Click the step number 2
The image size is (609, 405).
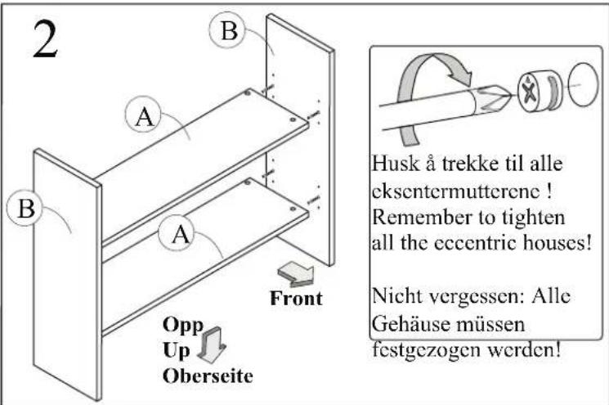[x=46, y=39]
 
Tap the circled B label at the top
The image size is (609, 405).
[x=228, y=30]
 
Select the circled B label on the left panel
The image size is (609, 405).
[x=25, y=208]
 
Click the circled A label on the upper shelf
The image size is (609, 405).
[x=144, y=115]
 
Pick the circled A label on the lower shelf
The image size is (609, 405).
[x=180, y=234]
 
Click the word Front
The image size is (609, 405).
[x=297, y=299]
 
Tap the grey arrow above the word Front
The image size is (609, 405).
[x=296, y=274]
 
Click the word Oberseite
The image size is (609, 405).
[x=208, y=376]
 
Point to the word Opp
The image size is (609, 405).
[x=183, y=326]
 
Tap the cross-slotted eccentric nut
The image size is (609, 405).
[x=540, y=92]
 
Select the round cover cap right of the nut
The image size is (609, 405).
[x=583, y=84]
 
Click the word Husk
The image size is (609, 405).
[x=396, y=164]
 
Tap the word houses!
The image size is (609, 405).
[x=557, y=243]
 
